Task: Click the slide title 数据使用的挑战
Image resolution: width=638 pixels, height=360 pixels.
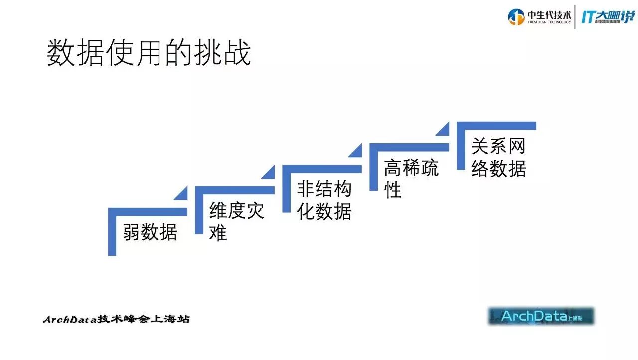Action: click(149, 54)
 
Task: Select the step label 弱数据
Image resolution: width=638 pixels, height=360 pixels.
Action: click(150, 232)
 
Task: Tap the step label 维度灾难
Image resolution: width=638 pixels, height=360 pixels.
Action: click(236, 221)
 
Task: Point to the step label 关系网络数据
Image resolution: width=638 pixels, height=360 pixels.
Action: click(498, 158)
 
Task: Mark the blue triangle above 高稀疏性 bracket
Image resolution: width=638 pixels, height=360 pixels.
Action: click(444, 129)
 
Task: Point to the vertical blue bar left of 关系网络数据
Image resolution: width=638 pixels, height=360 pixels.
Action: click(461, 147)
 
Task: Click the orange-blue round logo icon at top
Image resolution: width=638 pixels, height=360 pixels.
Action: click(516, 17)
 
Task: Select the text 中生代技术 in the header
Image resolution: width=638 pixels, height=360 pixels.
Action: click(550, 14)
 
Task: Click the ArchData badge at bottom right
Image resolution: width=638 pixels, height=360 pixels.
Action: click(541, 316)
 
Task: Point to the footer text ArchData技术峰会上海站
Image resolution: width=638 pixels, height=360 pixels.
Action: click(116, 319)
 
